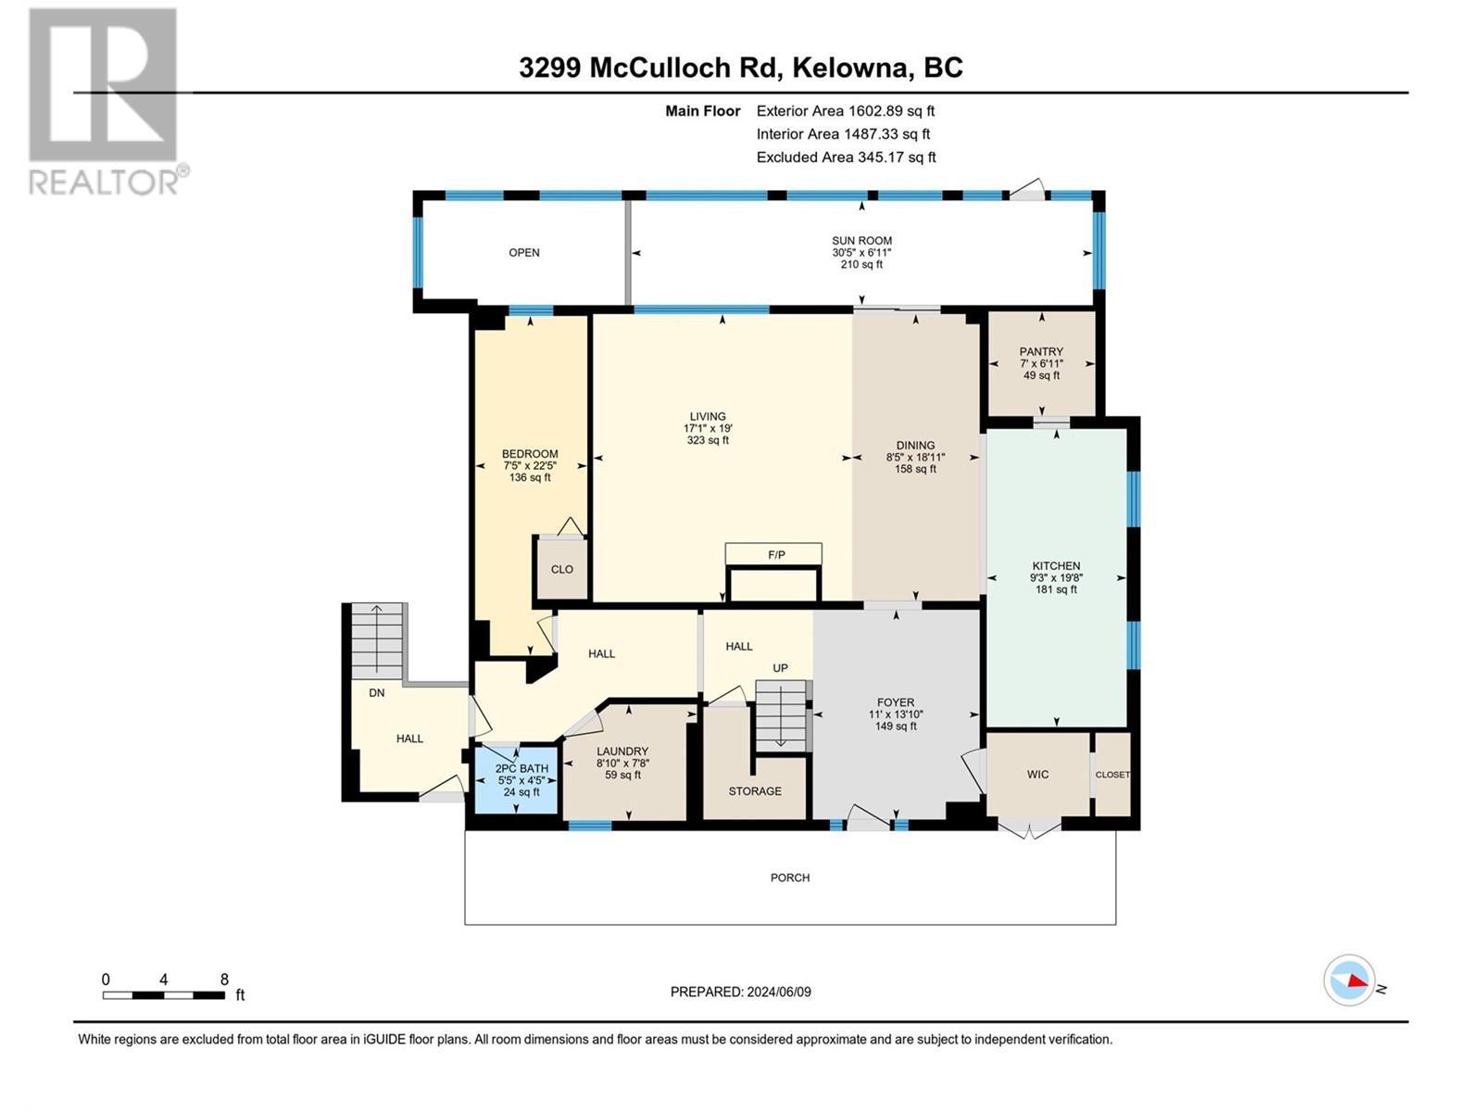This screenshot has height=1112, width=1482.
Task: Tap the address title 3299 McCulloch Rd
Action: click(x=741, y=68)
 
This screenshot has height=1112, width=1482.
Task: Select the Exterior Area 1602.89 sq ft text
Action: click(x=845, y=110)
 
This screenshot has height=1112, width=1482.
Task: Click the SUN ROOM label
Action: click(x=861, y=241)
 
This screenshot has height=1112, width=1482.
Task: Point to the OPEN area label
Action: click(x=524, y=252)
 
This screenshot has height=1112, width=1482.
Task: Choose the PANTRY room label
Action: click(x=1041, y=352)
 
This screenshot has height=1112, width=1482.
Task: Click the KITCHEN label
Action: click(x=1056, y=566)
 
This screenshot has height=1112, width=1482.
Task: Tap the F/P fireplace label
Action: click(x=776, y=555)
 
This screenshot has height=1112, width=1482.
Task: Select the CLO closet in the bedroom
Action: click(x=562, y=569)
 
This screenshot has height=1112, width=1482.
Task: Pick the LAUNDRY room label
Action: click(x=622, y=752)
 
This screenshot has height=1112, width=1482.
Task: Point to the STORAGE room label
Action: click(x=755, y=791)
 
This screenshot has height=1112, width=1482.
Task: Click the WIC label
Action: click(x=1037, y=774)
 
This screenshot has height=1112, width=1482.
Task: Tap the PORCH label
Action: click(x=790, y=878)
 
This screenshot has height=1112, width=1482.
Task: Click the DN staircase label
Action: click(x=377, y=692)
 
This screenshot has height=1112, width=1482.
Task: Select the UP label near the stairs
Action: click(x=781, y=668)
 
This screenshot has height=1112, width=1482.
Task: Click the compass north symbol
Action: click(x=1350, y=980)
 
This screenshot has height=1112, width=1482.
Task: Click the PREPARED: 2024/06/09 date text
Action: click(x=741, y=992)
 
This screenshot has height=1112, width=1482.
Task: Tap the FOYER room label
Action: click(x=896, y=702)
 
